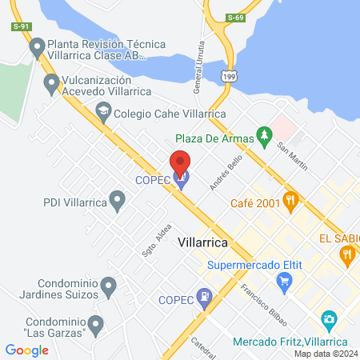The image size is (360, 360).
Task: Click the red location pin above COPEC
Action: pos(181,162)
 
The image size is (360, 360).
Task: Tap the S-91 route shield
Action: pos(21,27)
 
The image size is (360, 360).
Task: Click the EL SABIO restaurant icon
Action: pos(346,254)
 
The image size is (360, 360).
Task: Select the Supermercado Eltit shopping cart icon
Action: pos(283,280)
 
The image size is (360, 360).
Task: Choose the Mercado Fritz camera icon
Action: pos(328,321)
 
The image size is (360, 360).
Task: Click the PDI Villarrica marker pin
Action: pos(118,201)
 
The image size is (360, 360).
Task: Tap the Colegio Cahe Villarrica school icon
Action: pos(102,112)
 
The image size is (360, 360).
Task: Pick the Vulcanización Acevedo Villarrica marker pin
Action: pos(52,82)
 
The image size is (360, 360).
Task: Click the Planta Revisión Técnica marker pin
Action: pos(36,48)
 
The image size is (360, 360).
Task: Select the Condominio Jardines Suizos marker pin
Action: pos(110,285)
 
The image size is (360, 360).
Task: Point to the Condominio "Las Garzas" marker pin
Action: pos(95,324)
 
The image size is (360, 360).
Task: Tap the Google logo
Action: pos(26,350)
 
